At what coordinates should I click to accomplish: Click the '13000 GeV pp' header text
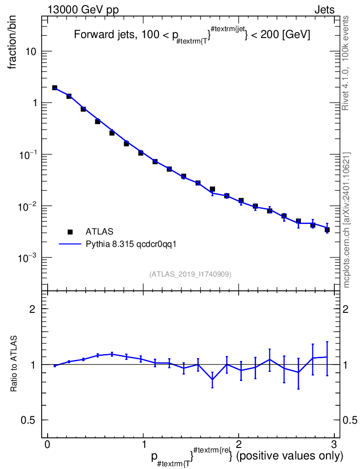tap(83, 10)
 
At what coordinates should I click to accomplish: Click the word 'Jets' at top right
tap(324, 10)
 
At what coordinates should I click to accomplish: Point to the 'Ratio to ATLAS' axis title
tap(13, 363)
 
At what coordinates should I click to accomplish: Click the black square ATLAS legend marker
tap(70, 232)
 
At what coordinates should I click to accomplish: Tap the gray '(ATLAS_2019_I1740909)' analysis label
tap(190, 274)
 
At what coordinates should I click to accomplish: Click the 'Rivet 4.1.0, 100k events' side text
tap(345, 63)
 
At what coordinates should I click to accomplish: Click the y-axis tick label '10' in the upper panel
tap(30, 51)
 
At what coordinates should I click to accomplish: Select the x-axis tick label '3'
tap(334, 443)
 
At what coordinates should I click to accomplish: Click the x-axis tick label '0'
tap(47, 443)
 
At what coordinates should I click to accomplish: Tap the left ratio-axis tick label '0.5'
tap(28, 420)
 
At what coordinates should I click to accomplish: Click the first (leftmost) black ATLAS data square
tap(55, 87)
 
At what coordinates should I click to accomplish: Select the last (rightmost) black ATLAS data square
tap(327, 230)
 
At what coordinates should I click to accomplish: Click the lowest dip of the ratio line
tap(213, 379)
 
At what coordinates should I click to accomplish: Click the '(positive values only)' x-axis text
tap(289, 456)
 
